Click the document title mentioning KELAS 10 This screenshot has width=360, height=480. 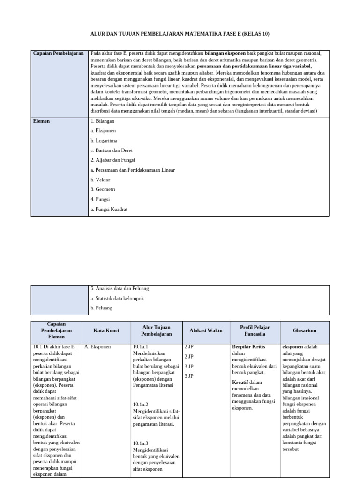(x=180, y=34)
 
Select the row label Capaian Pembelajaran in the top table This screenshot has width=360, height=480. (x=59, y=53)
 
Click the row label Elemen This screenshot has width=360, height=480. (x=42, y=121)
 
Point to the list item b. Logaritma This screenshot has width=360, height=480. (x=104, y=140)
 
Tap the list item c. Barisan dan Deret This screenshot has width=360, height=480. (x=112, y=150)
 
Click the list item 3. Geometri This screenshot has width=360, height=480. (x=103, y=189)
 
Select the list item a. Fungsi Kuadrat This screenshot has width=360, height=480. (x=109, y=209)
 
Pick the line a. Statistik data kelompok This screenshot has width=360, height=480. (x=117, y=298)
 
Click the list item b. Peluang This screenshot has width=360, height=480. (x=101, y=308)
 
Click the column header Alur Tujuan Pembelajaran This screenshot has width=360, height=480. (x=156, y=330)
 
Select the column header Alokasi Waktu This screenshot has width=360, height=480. (x=205, y=330)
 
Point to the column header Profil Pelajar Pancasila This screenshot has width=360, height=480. (x=255, y=330)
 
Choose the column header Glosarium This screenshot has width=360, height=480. (x=304, y=330)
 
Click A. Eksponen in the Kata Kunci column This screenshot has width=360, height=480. (x=97, y=347)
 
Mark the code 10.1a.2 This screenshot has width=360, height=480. (x=141, y=404)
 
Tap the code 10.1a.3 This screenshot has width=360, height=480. (x=141, y=443)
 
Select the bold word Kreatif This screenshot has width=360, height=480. (x=240, y=382)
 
